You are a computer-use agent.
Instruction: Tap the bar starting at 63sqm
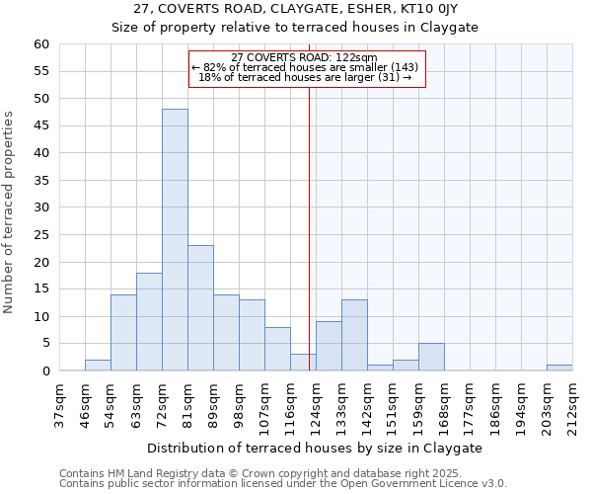(149, 322)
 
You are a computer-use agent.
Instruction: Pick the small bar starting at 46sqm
(98, 366)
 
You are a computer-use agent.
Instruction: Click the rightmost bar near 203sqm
(559, 368)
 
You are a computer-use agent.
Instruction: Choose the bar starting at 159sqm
(431, 357)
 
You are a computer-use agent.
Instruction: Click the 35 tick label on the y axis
(40, 181)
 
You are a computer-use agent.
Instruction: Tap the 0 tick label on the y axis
(44, 371)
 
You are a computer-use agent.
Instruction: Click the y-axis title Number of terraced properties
(9, 212)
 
